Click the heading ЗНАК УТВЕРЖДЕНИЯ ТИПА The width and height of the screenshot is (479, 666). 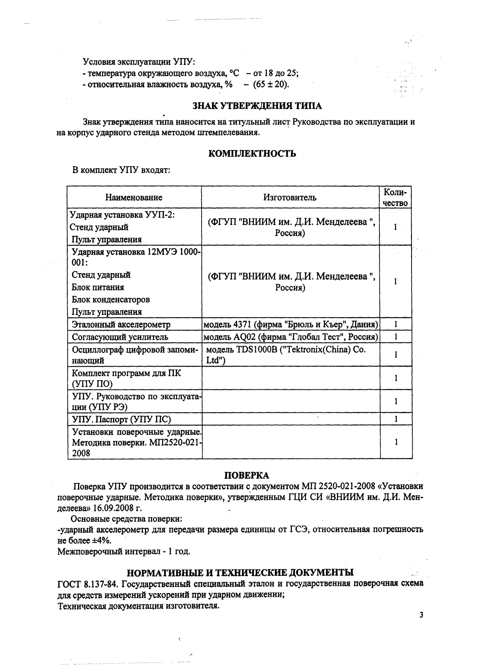pyautogui.click(x=257, y=106)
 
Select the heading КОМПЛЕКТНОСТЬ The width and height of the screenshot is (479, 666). pyautogui.click(x=252, y=154)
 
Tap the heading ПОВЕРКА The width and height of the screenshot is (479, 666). pyautogui.click(x=246, y=475)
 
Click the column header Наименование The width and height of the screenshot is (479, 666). pyautogui.click(x=134, y=198)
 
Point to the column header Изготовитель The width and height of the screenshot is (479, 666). pyautogui.click(x=290, y=198)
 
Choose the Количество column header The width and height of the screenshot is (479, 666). pyautogui.click(x=395, y=198)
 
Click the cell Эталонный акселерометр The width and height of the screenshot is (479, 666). pyautogui.click(x=121, y=324)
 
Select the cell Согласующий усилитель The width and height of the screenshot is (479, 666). pyautogui.click(x=120, y=337)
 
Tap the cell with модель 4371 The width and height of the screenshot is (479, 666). pyautogui.click(x=290, y=324)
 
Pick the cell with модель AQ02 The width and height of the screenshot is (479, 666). pyautogui.click(x=290, y=337)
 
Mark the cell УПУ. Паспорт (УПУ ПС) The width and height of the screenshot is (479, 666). pyautogui.click(x=121, y=419)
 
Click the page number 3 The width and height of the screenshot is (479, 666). pyautogui.click(x=421, y=615)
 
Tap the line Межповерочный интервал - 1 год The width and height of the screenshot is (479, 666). pyautogui.click(x=124, y=551)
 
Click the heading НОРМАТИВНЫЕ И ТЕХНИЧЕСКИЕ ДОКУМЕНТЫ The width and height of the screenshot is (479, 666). pyautogui.click(x=240, y=572)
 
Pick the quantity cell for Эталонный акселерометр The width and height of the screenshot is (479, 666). pyautogui.click(x=396, y=324)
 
